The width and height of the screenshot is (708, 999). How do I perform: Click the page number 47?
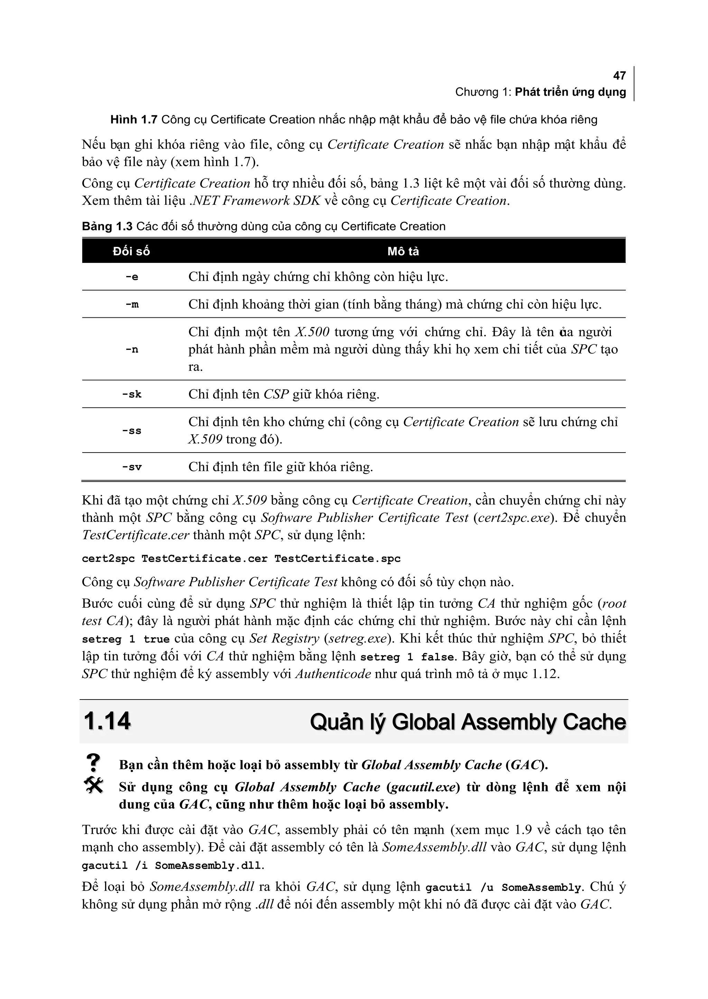coord(619,76)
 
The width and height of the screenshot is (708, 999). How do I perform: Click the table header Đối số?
coord(131,251)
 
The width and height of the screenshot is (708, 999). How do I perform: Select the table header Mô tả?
coord(403,251)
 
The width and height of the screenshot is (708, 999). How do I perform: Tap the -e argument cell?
coord(132,277)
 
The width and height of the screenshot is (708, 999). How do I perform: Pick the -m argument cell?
coord(132,305)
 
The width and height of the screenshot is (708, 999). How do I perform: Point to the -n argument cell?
coord(132,350)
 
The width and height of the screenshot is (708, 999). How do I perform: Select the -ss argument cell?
coord(132,431)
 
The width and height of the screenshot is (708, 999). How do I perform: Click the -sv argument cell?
coord(132,467)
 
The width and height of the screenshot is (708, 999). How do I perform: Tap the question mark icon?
coord(93,763)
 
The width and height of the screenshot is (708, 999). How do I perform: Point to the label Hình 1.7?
coord(133,120)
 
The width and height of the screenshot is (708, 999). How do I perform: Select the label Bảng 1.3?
coord(107,227)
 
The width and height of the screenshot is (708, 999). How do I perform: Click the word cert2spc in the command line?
coord(108,559)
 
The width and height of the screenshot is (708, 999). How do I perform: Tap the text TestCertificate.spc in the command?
coord(337,559)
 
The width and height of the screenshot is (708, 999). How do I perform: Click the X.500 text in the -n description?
coord(312,332)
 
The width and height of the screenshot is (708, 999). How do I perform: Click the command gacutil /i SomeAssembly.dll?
coord(173,866)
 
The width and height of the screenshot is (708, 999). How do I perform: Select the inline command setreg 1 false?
coord(408,657)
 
